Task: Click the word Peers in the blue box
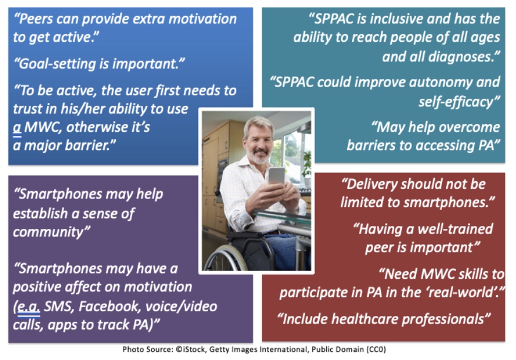(32, 19)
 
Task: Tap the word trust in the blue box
(27, 109)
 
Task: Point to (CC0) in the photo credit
(376, 349)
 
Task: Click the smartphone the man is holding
(276, 176)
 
